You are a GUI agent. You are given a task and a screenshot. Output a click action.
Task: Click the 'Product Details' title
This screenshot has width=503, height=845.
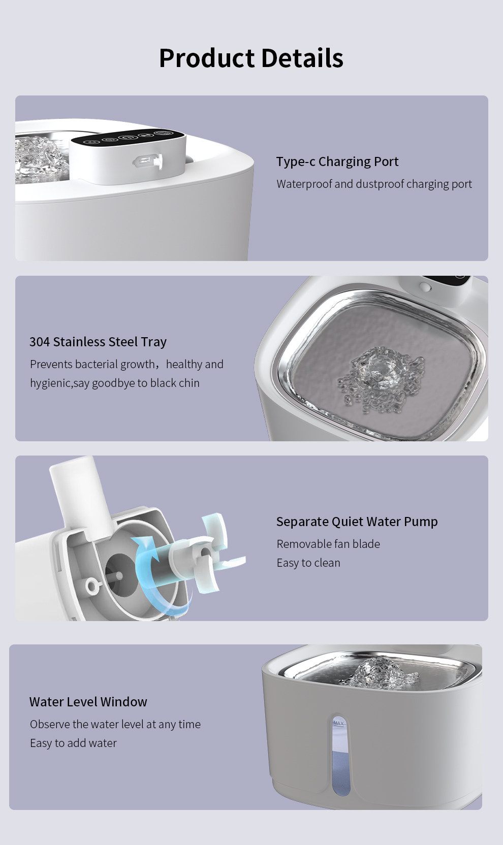coord(252,58)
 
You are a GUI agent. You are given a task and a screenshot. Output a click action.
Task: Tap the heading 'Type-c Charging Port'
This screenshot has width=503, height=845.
coord(337,161)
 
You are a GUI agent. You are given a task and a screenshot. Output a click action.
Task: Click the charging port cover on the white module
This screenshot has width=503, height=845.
coord(148,161)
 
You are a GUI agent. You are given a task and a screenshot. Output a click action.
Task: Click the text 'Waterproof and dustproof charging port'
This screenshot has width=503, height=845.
coord(374,184)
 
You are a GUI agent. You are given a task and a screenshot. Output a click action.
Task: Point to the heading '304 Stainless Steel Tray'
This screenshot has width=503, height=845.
coord(98,342)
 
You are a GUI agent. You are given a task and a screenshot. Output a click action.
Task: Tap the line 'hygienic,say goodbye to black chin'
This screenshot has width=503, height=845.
coord(115,383)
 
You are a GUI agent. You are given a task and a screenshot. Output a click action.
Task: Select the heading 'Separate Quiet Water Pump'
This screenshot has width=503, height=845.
coord(357,522)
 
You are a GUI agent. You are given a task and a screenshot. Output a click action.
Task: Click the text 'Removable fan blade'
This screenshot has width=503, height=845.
coord(328,544)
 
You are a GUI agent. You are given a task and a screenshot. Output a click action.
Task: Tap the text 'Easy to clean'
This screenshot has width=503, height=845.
coord(308,563)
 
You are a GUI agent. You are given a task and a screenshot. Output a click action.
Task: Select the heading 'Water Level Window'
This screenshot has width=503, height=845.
coord(88,702)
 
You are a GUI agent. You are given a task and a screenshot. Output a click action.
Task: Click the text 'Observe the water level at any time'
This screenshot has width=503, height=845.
coord(115,724)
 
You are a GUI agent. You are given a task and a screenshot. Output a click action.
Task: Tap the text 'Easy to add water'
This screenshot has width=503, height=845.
coord(73,743)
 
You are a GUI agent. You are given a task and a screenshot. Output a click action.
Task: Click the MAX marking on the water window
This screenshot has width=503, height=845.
coord(339,723)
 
